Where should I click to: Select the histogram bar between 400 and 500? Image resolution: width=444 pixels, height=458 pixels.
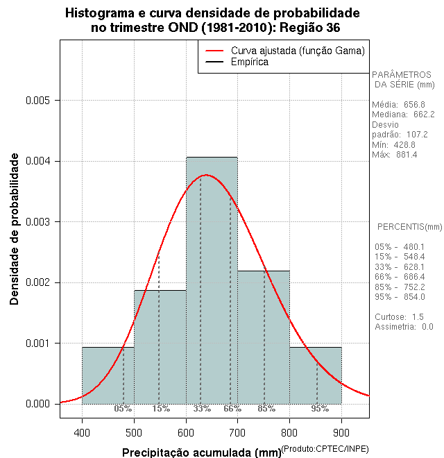click(x=108, y=375)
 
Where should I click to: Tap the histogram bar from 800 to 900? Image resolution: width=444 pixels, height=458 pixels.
click(x=316, y=375)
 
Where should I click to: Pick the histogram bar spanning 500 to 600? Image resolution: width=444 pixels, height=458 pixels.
click(x=160, y=347)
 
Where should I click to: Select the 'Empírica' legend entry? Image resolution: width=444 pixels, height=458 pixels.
click(x=249, y=62)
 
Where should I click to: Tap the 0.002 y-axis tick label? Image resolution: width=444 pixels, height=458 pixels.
click(x=37, y=282)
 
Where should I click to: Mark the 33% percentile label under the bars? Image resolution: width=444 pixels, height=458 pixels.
click(x=202, y=409)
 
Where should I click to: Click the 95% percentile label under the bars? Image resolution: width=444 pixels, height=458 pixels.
click(x=320, y=409)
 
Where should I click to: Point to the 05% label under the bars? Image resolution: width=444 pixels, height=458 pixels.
click(x=123, y=409)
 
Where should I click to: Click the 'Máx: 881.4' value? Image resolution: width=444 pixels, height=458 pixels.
click(x=395, y=154)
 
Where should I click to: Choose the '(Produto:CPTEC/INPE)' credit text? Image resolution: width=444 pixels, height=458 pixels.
click(x=324, y=450)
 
